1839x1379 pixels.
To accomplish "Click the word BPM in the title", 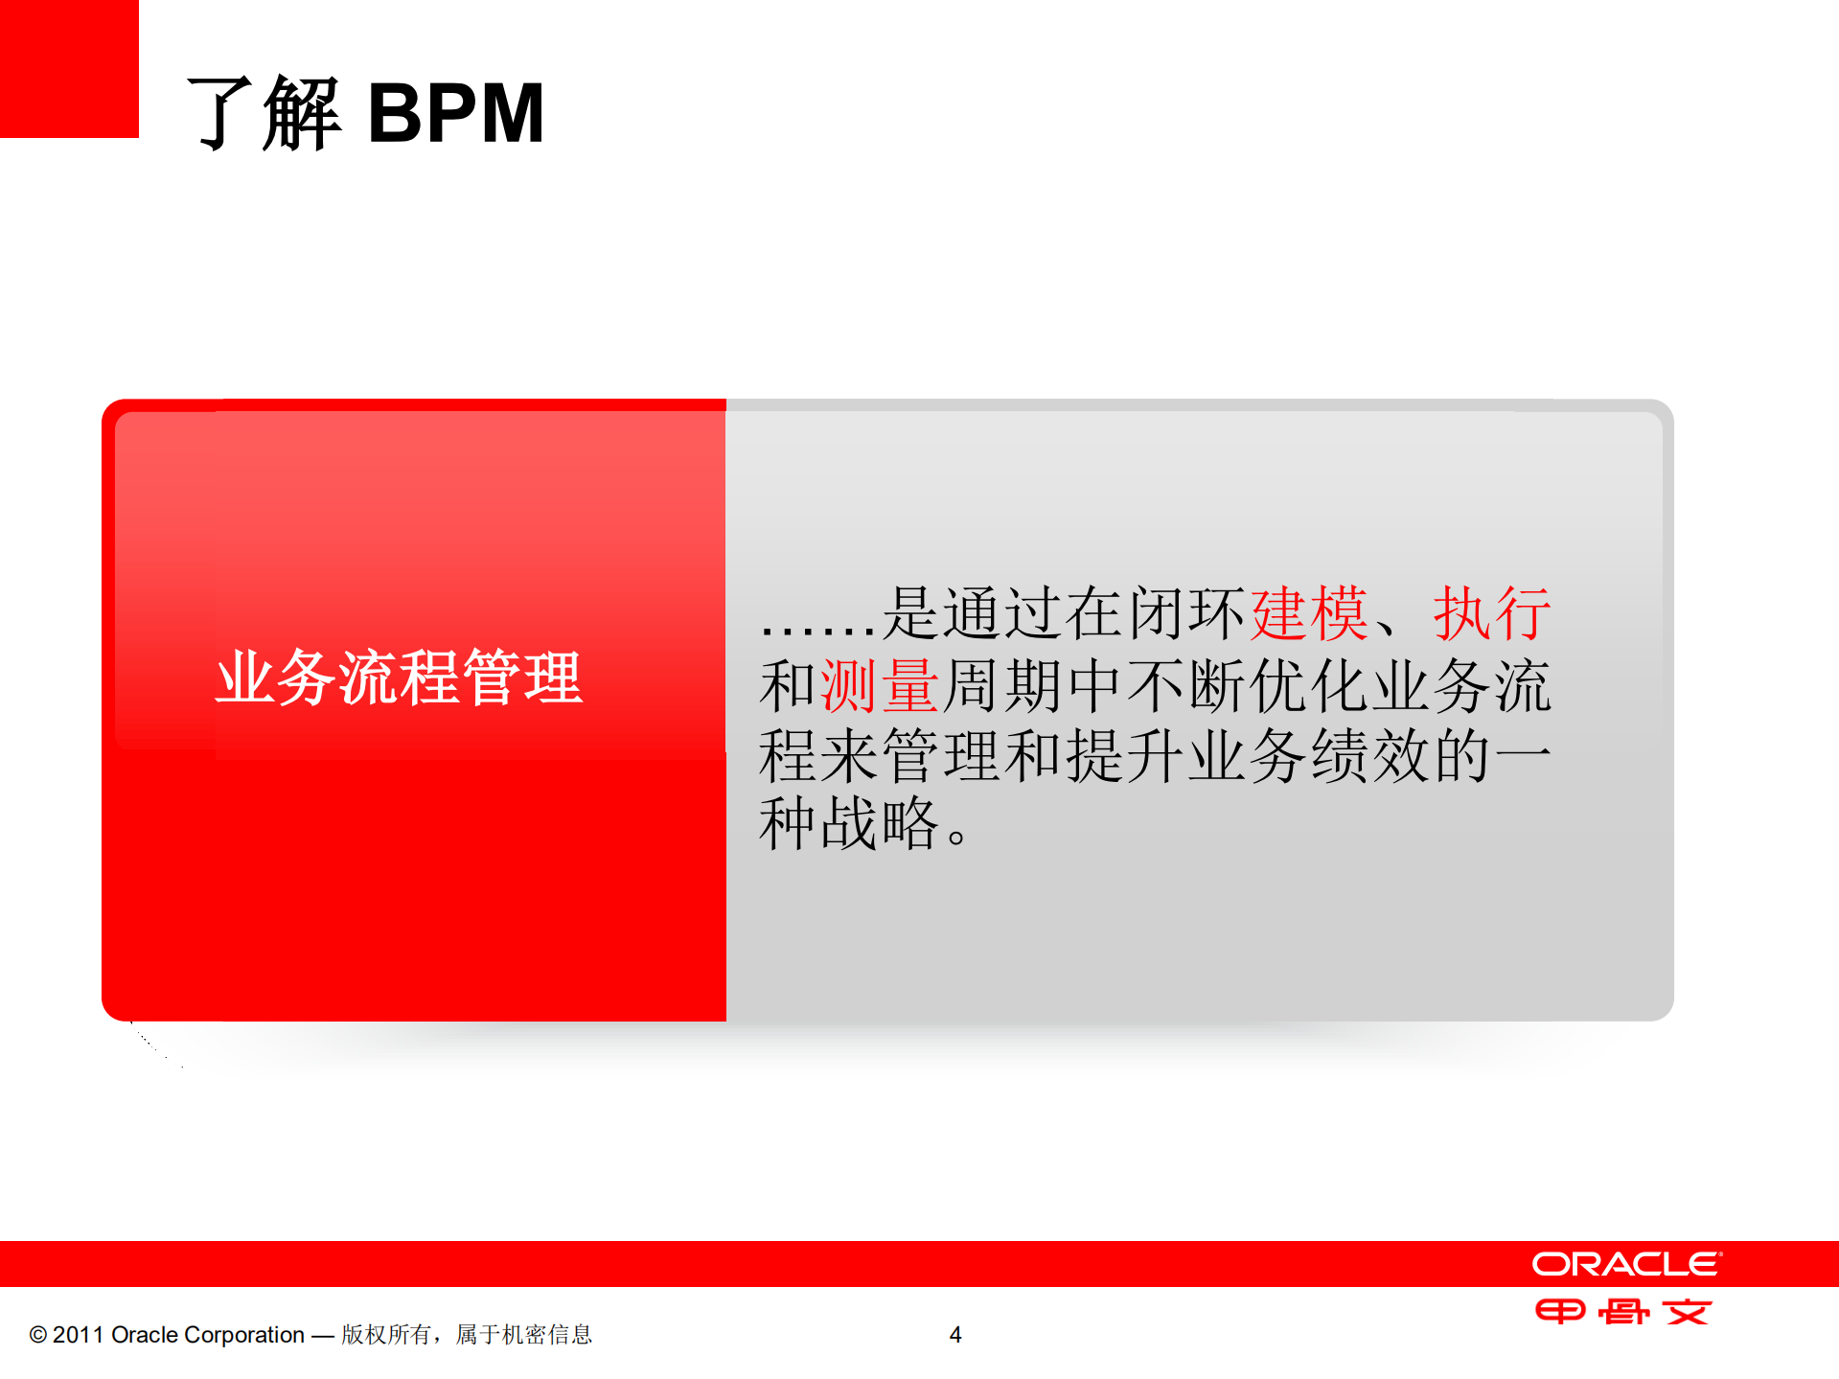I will coord(456,113).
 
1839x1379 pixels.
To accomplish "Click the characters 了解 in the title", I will coord(264,113).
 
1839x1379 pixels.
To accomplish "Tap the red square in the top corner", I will coord(69,68).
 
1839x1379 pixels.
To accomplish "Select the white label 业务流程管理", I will coord(399,678).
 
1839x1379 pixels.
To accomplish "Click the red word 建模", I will coord(1309,613).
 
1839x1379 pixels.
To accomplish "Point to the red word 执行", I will coord(1491,613).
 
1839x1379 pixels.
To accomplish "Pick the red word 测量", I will coord(880,686).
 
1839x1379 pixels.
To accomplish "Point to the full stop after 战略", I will coord(956,837).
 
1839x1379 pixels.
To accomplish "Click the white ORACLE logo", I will coord(1626,1264).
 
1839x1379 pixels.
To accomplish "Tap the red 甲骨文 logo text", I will coord(1623,1311).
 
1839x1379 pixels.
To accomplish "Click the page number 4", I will coord(955,1335).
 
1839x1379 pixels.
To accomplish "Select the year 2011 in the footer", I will coord(78,1335).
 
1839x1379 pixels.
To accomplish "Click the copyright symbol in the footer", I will coord(38,1335).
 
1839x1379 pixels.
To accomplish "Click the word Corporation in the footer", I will coord(243,1335).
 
